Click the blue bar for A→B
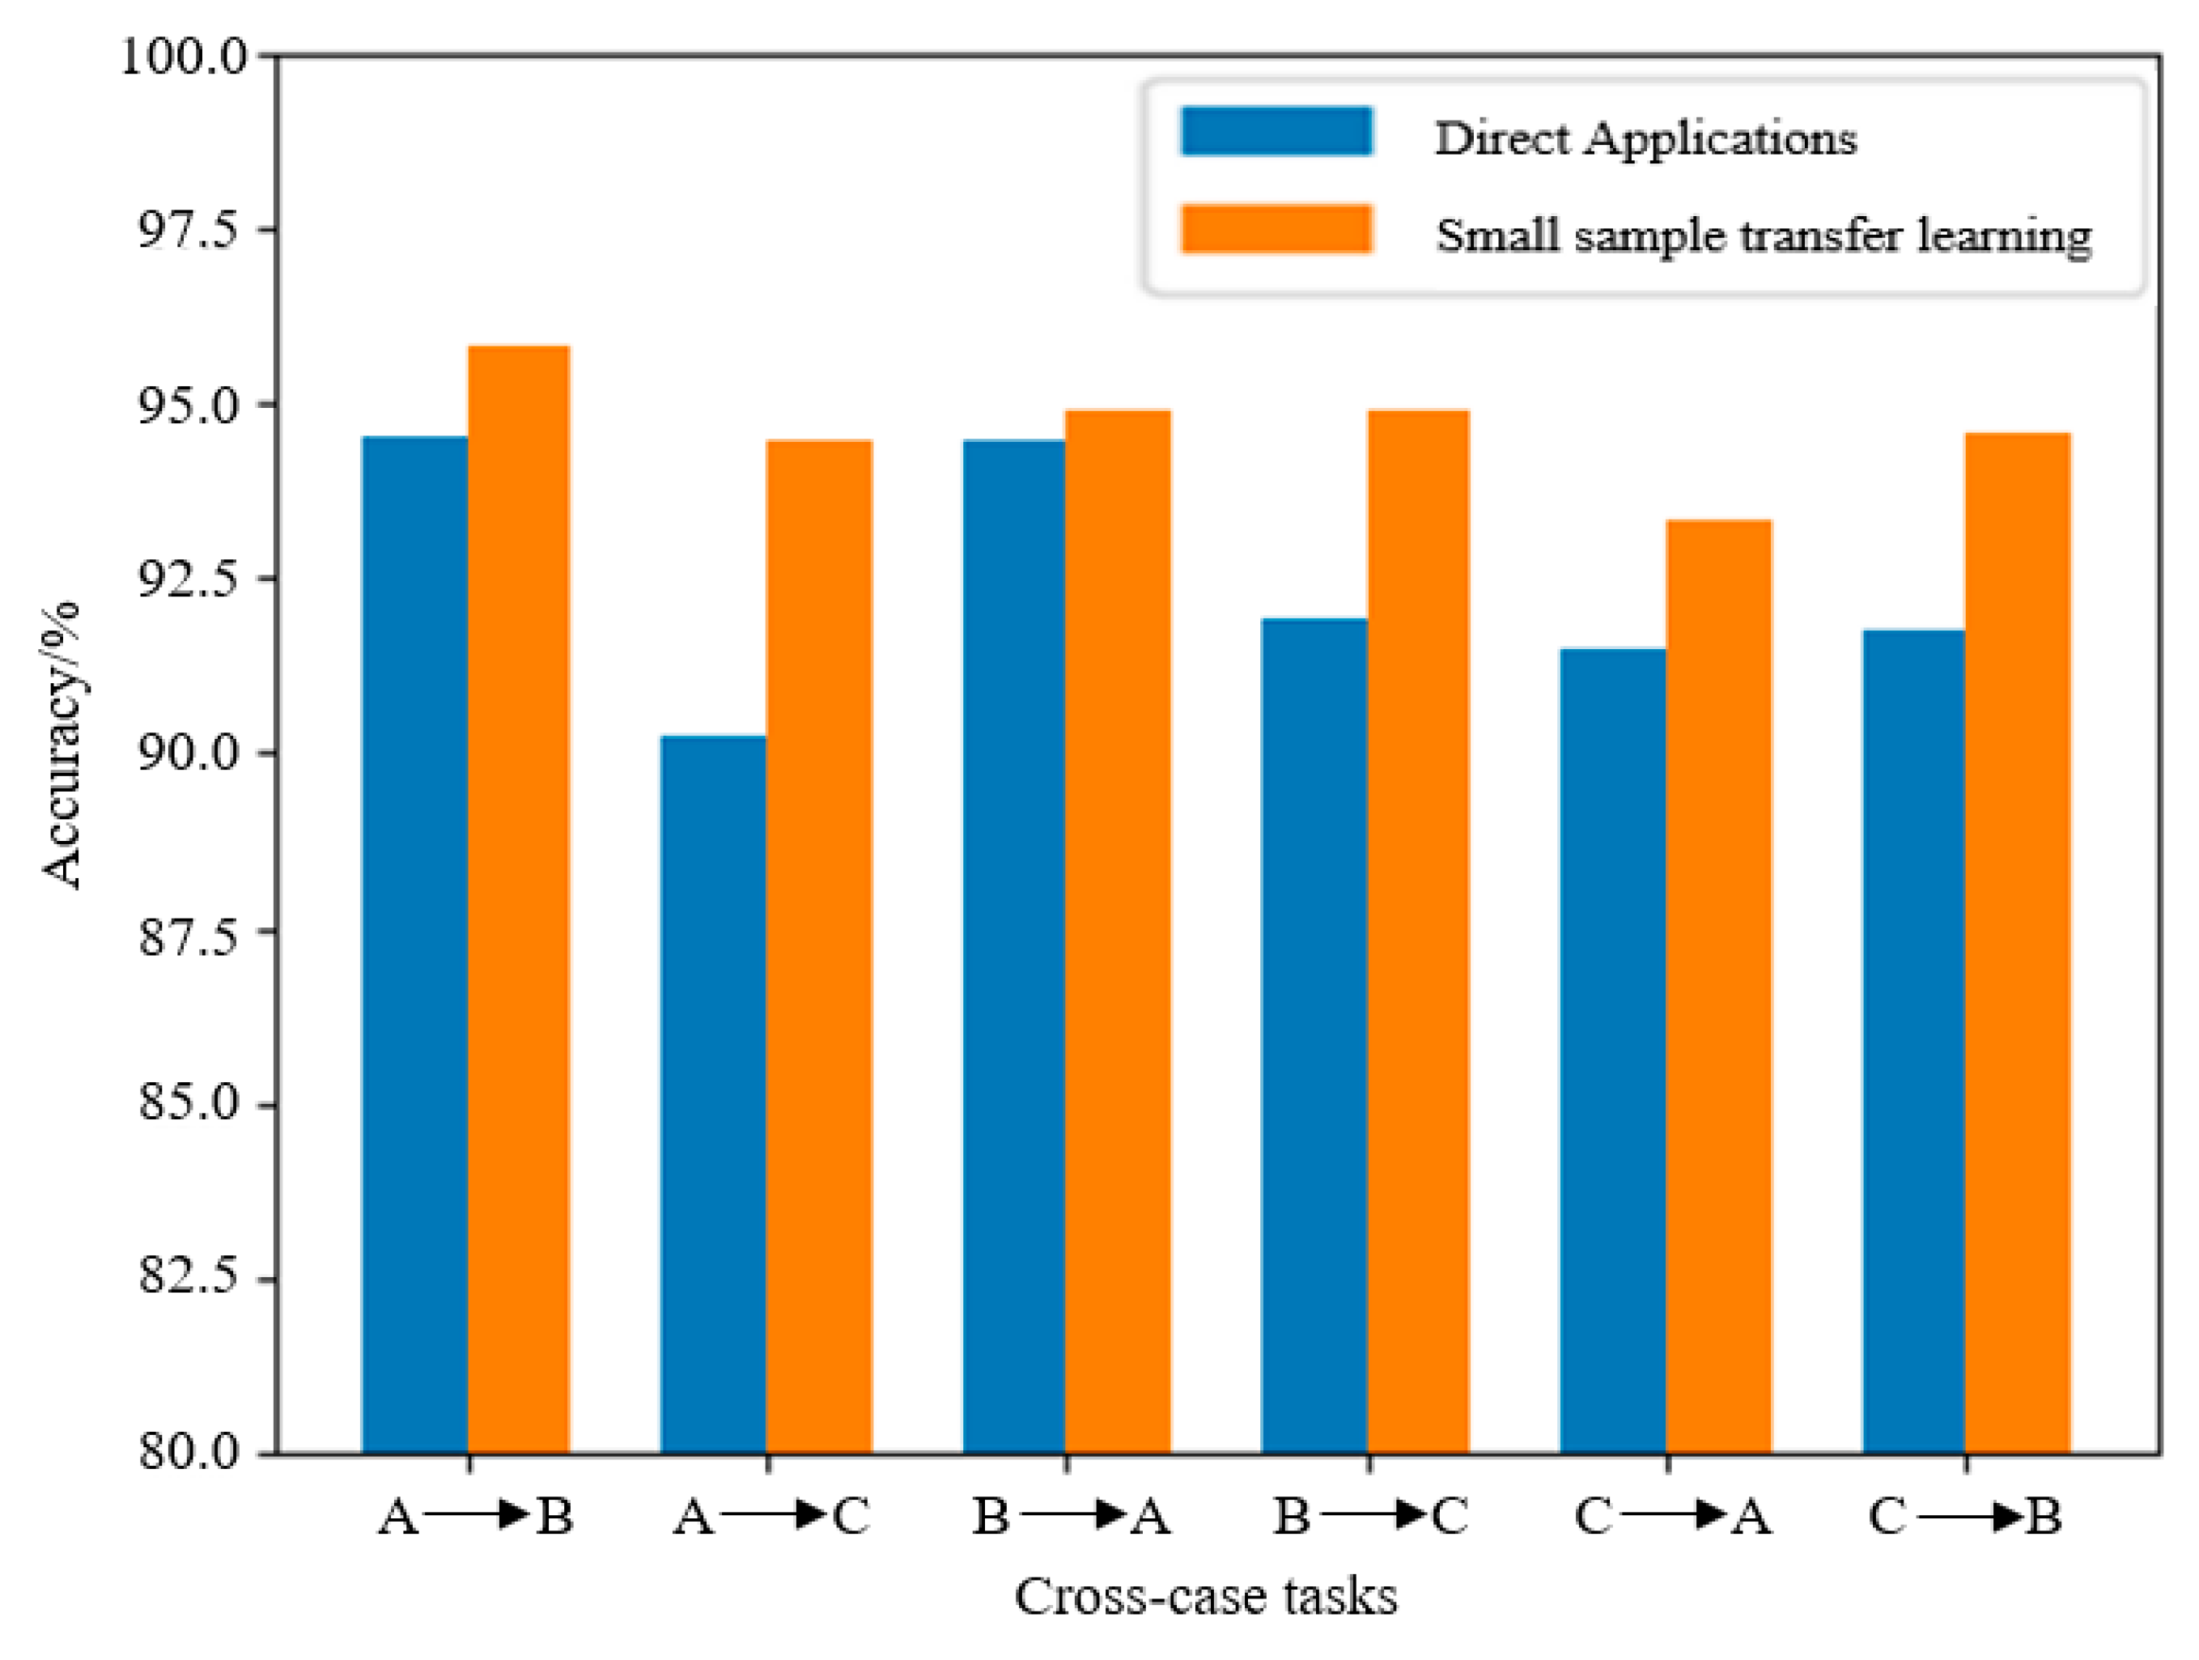pyautogui.click(x=414, y=945)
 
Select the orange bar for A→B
pyautogui.click(x=519, y=899)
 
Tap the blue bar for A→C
pyautogui.click(x=713, y=1093)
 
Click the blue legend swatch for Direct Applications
pyautogui.click(x=1276, y=131)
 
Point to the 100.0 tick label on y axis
pyautogui.click(x=185, y=57)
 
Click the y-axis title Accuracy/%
pyautogui.click(x=62, y=745)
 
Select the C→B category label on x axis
pyautogui.click(x=1965, y=1516)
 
